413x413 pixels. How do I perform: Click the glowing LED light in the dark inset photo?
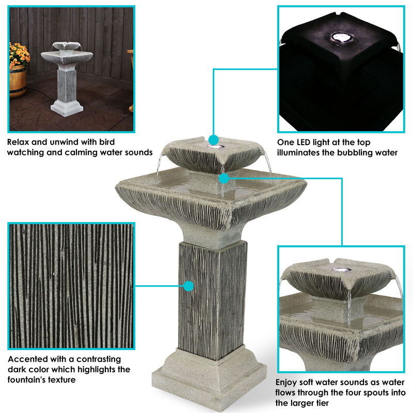pyautogui.click(x=340, y=37)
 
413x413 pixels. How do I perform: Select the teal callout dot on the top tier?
pyautogui.click(x=213, y=140)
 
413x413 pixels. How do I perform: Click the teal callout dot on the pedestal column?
pyautogui.click(x=189, y=285)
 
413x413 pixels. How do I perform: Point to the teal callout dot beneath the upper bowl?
pyautogui.click(x=224, y=179)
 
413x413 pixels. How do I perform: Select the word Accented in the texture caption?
pyautogui.click(x=26, y=359)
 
